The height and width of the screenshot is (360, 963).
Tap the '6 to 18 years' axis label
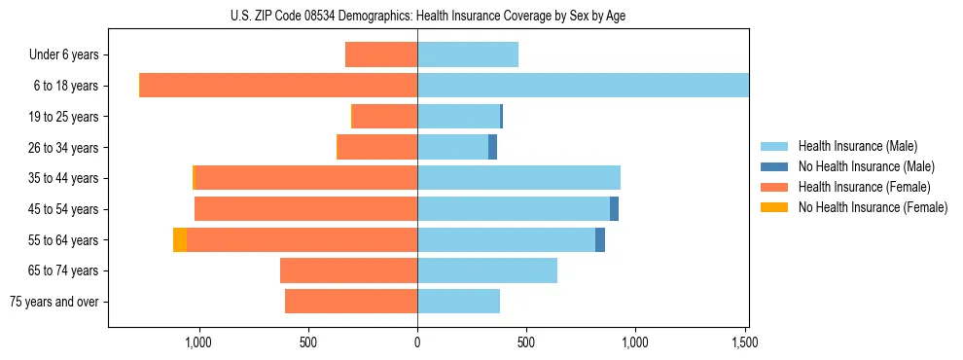pos(65,86)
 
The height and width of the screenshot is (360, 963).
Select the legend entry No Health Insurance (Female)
pos(872,207)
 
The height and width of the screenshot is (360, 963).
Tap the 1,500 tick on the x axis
pos(744,342)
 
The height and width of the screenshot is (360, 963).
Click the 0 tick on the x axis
pos(417,342)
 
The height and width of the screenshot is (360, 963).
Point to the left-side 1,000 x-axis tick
pos(198,342)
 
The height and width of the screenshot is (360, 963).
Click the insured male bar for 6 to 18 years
pos(583,86)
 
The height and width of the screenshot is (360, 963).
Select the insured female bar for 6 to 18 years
pos(278,86)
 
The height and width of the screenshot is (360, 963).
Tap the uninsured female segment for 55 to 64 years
pos(180,240)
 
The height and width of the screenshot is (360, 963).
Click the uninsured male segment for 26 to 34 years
pos(493,147)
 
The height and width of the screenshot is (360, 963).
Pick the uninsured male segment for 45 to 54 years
pos(615,209)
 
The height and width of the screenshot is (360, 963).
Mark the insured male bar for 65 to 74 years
pos(487,270)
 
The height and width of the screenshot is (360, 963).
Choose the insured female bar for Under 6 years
pos(381,54)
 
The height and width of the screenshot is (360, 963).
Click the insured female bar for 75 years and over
pos(351,302)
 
